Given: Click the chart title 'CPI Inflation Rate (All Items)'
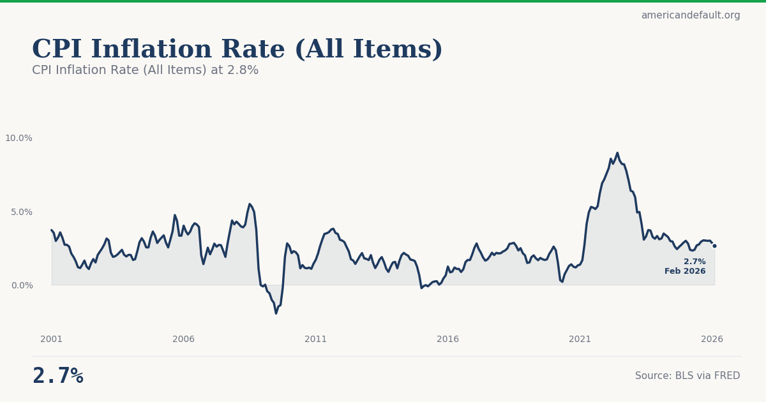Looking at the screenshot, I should [237, 50].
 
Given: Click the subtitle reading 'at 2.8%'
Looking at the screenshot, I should [145, 71].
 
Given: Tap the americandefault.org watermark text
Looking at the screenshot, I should [690, 15].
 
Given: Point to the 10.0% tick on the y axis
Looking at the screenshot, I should [19, 138].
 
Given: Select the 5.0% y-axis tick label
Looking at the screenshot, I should [21, 212].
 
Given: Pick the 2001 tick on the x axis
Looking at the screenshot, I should [52, 339].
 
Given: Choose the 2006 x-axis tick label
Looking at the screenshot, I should [184, 339].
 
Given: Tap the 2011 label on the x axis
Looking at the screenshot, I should [316, 339].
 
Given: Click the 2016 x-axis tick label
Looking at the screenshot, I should [448, 339].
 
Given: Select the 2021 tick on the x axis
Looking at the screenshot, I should [580, 339].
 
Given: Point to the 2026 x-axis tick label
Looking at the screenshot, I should [712, 339].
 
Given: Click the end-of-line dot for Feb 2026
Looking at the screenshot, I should [714, 246].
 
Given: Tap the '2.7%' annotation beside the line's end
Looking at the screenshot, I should [695, 262].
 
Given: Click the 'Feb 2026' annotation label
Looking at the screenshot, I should [685, 272].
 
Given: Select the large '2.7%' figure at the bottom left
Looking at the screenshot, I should [57, 376].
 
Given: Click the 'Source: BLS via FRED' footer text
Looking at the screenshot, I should [687, 376].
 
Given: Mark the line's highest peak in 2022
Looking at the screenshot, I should [617, 153].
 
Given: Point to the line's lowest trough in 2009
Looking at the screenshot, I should [276, 313].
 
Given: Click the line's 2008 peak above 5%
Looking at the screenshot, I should [250, 204].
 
